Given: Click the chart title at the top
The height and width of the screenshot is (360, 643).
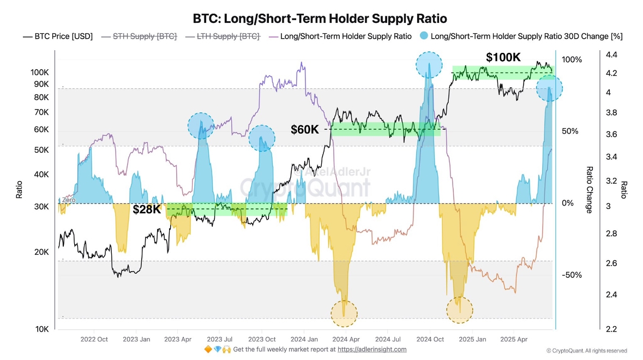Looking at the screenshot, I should [320, 19].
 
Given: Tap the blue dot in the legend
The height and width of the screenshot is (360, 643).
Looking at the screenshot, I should [424, 37].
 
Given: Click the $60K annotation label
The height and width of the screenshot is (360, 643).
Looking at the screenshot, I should [304, 129].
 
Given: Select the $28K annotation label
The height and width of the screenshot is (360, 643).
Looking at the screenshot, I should [147, 209].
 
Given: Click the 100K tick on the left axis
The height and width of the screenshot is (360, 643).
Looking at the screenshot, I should [40, 72].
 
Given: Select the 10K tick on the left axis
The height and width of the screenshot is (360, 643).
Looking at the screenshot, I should [43, 329].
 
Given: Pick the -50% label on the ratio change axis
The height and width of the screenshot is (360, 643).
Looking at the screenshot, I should [572, 275].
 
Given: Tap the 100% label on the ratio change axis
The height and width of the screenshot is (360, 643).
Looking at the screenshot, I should [572, 59].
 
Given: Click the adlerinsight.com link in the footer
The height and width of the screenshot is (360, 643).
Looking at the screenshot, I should [372, 349].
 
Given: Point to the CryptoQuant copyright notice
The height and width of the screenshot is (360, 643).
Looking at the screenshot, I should [586, 351].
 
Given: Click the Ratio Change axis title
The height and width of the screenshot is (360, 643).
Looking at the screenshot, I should [589, 190].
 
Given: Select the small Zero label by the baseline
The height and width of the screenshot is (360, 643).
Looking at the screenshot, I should [69, 200].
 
